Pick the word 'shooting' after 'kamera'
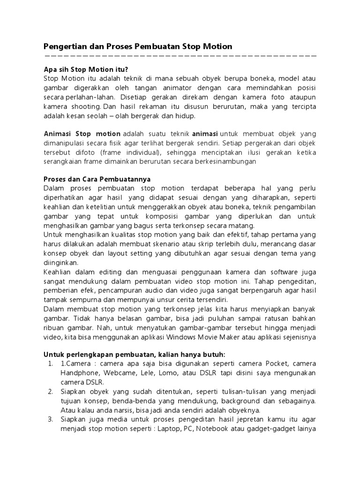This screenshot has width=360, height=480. (87, 106)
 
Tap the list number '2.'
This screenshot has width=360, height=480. (51, 391)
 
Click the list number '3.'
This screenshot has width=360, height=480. (51, 419)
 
